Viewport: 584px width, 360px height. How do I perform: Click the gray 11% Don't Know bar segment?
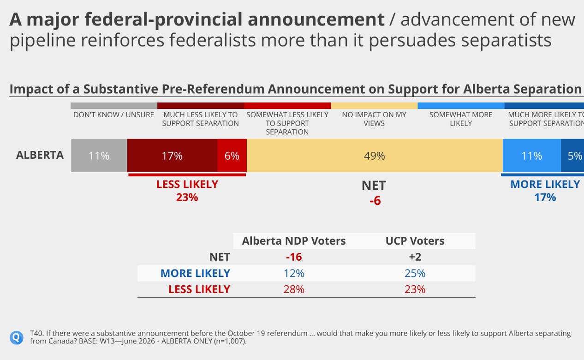(99, 156)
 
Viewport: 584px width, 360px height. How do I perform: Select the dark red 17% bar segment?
(172, 156)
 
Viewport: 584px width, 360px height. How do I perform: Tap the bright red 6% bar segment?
(232, 156)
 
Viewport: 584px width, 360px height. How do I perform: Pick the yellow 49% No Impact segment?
(375, 156)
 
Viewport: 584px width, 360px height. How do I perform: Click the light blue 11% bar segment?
(532, 156)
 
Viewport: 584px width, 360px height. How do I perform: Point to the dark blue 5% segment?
(572, 156)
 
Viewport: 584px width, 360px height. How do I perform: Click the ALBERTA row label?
(40, 155)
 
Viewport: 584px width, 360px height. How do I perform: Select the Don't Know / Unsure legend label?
(113, 115)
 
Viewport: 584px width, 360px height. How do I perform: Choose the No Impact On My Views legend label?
(374, 119)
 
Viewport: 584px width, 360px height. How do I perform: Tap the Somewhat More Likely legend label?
(461, 119)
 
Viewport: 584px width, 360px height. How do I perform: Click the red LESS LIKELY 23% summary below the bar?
(187, 191)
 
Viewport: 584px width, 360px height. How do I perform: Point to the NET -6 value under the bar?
(374, 193)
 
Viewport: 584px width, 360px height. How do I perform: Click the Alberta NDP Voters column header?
(294, 241)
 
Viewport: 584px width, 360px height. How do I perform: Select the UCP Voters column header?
(415, 241)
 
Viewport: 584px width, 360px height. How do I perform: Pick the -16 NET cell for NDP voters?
(294, 257)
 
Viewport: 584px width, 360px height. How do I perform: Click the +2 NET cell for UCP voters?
(415, 257)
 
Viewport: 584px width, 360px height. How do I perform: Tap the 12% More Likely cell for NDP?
(294, 273)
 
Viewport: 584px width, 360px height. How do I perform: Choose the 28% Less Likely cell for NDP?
(294, 289)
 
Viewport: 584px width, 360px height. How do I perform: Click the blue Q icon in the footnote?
(17, 337)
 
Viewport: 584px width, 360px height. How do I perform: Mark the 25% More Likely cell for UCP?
(415, 273)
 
